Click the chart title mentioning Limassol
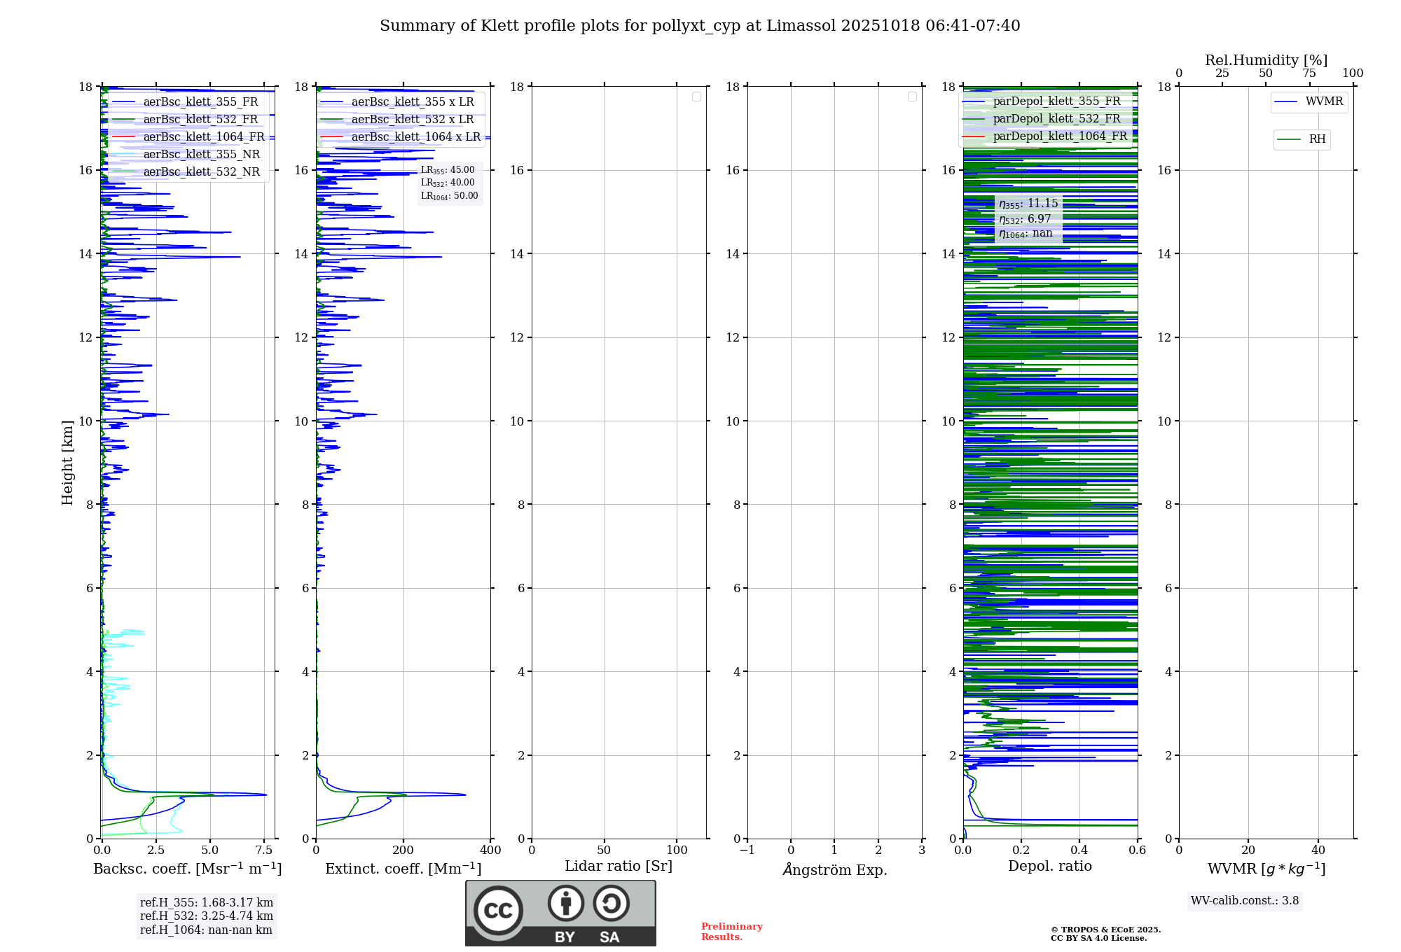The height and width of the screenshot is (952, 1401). point(700,26)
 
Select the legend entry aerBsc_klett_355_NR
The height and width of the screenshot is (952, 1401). point(201,154)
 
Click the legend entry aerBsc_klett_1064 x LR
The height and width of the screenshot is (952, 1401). point(415,136)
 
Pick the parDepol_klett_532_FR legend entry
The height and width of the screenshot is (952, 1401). point(1056,118)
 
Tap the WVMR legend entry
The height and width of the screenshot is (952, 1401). point(1323,101)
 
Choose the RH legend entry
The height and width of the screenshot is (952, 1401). point(1316,139)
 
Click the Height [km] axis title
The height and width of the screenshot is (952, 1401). point(67,462)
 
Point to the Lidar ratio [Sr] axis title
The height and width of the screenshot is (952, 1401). point(619,866)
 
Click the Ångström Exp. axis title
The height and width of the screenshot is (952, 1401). point(834,869)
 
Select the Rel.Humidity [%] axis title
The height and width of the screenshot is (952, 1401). point(1266,60)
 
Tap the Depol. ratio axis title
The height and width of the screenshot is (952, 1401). point(1049,866)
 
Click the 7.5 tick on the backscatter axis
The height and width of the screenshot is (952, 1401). point(264,850)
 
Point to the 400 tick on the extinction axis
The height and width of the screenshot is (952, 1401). point(490,850)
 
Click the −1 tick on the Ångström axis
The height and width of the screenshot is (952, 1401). point(747,850)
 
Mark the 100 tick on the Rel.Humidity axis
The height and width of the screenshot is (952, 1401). point(1353,73)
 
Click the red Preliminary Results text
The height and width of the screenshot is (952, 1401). point(731,932)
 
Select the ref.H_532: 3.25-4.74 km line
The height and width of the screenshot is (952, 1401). point(207,916)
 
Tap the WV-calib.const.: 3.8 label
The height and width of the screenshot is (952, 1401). point(1245,901)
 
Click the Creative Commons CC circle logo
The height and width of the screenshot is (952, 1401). point(498,911)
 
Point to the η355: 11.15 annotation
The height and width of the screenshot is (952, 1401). point(1028,204)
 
